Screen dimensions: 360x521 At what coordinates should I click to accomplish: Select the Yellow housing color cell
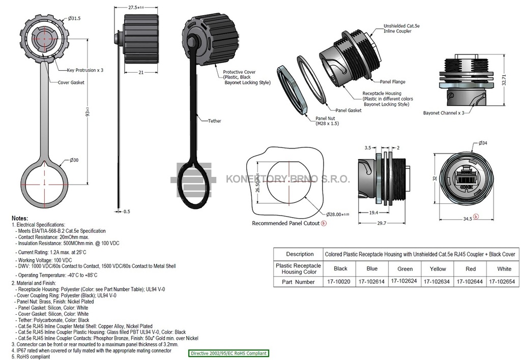[x=438, y=268]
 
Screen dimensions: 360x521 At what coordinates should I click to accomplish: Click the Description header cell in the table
[x=300, y=254]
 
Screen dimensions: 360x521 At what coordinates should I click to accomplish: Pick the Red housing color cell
[x=471, y=268]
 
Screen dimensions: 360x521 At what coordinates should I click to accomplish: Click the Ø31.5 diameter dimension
[x=73, y=18]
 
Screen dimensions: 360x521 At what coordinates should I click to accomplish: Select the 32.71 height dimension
[x=508, y=80]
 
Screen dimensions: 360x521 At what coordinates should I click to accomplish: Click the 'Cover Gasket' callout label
[x=71, y=82]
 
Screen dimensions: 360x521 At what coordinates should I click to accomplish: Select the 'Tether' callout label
[x=215, y=121]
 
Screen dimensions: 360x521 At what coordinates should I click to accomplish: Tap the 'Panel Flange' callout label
[x=392, y=81]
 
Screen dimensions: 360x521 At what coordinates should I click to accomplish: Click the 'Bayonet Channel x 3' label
[x=444, y=113]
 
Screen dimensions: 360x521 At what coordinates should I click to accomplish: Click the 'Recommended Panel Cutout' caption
[x=286, y=223]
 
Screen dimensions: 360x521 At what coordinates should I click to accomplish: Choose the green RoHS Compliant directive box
[x=228, y=353]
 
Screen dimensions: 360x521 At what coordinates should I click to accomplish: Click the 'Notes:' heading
[x=20, y=218]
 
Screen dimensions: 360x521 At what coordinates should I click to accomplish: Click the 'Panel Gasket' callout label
[x=348, y=110]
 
